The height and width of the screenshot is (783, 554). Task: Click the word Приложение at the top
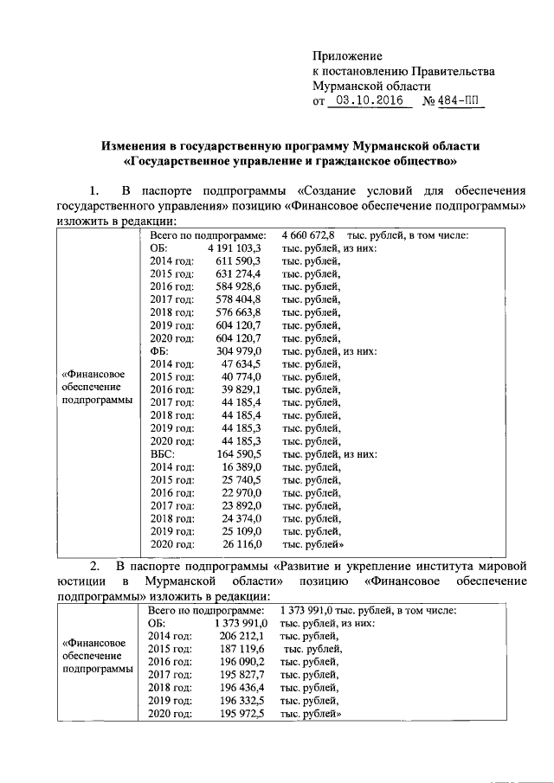(347, 56)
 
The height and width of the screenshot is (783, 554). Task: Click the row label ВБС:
(163, 453)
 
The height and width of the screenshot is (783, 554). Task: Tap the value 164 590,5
(239, 453)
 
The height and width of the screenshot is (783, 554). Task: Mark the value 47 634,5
(242, 364)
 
